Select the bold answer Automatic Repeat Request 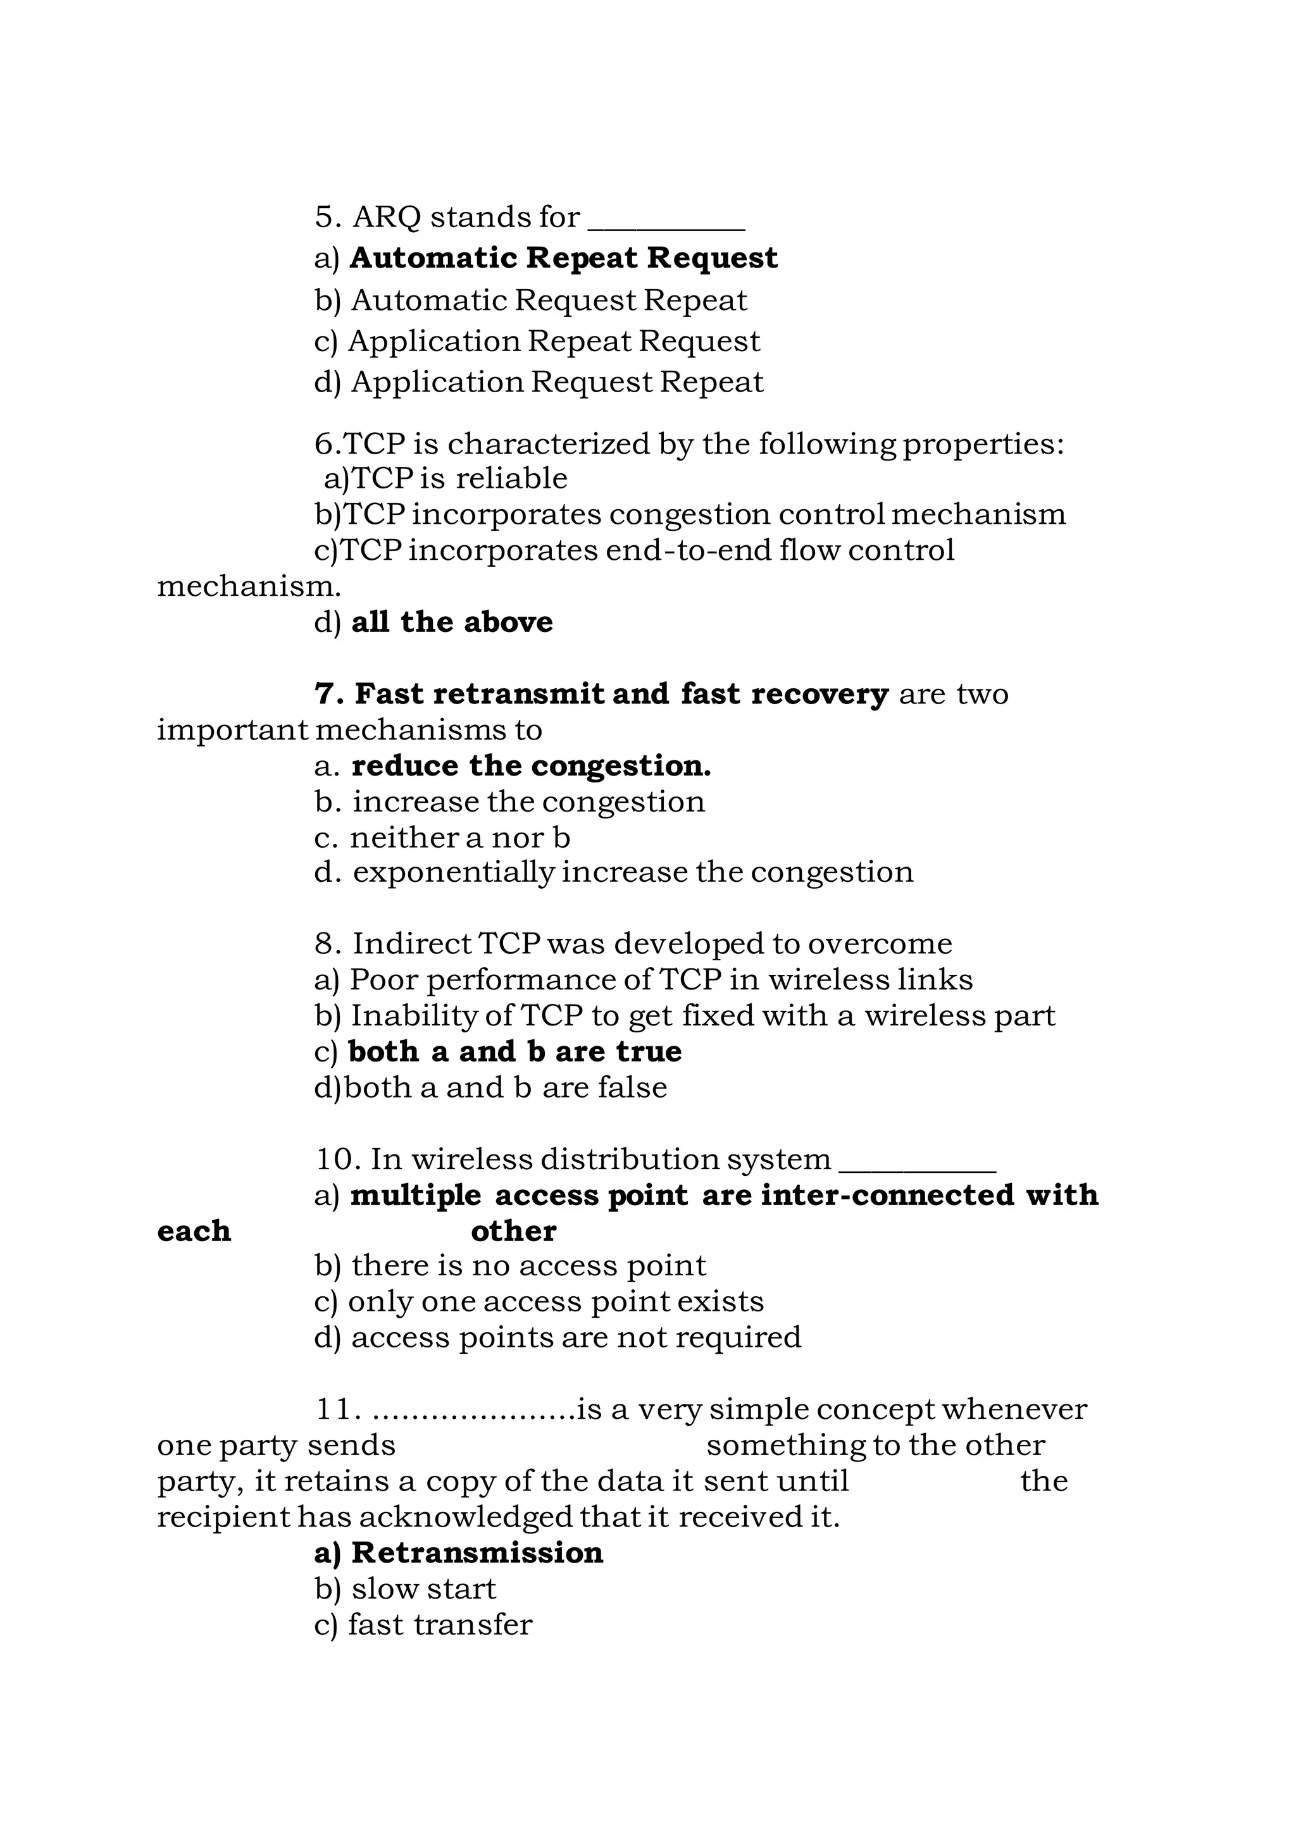click(563, 259)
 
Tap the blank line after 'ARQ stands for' click(666, 225)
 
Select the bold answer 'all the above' click(452, 622)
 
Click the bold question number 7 click(329, 694)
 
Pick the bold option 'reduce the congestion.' click(531, 766)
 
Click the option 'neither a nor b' click(459, 838)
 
